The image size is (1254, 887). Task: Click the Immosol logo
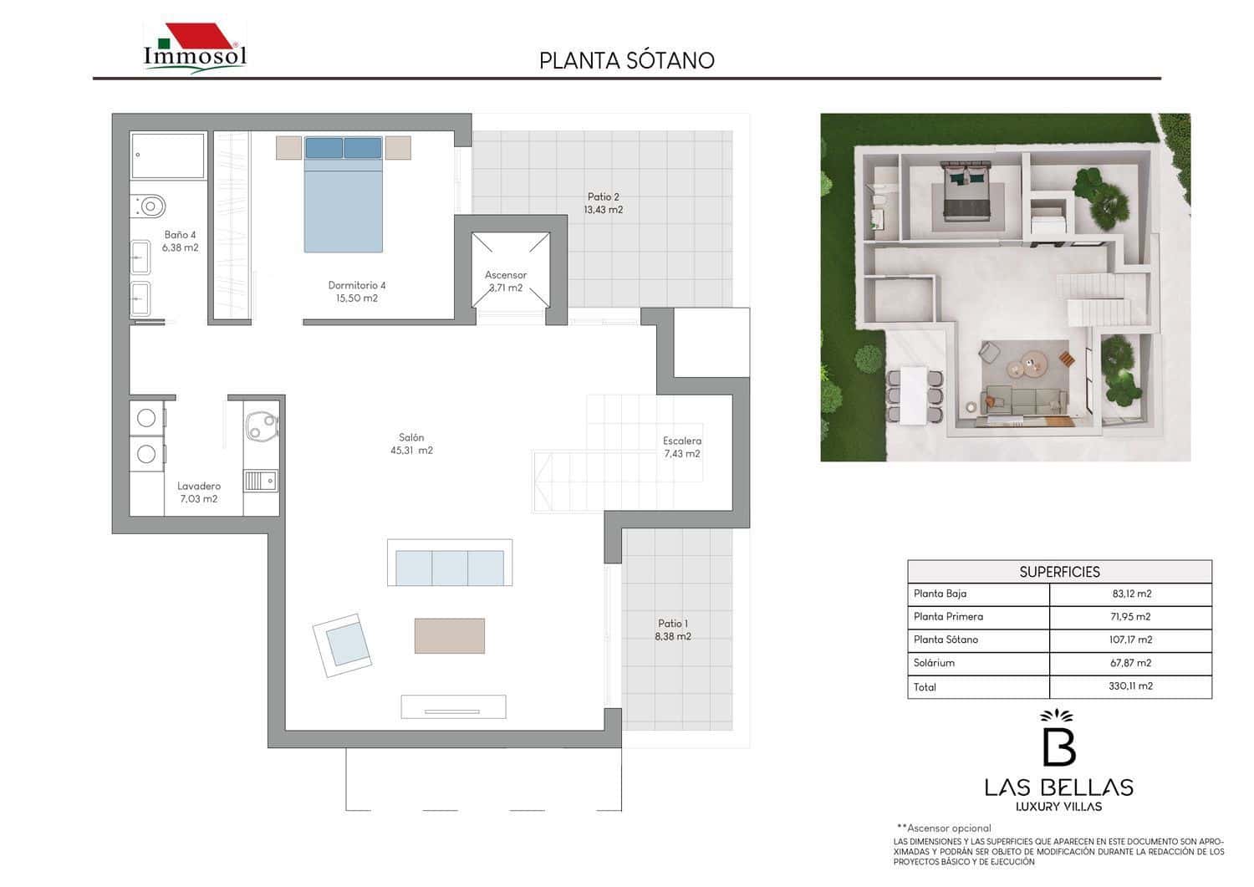195,48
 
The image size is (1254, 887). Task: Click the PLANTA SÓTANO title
626,60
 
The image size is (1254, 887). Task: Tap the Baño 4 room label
181,241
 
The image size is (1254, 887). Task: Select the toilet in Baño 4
149,205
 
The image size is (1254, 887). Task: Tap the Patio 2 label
603,203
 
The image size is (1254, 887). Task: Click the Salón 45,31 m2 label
411,444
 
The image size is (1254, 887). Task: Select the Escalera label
682,447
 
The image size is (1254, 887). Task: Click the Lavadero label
199,492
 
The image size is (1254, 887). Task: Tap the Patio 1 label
673,630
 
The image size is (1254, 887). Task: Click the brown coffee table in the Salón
450,635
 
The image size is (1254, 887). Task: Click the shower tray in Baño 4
168,155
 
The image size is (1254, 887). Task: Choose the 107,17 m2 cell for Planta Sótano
1130,640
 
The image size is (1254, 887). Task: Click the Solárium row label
934,663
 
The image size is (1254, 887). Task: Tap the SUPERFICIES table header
1059,572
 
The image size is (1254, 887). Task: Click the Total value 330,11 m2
1130,686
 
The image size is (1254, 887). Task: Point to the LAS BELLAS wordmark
1058,787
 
